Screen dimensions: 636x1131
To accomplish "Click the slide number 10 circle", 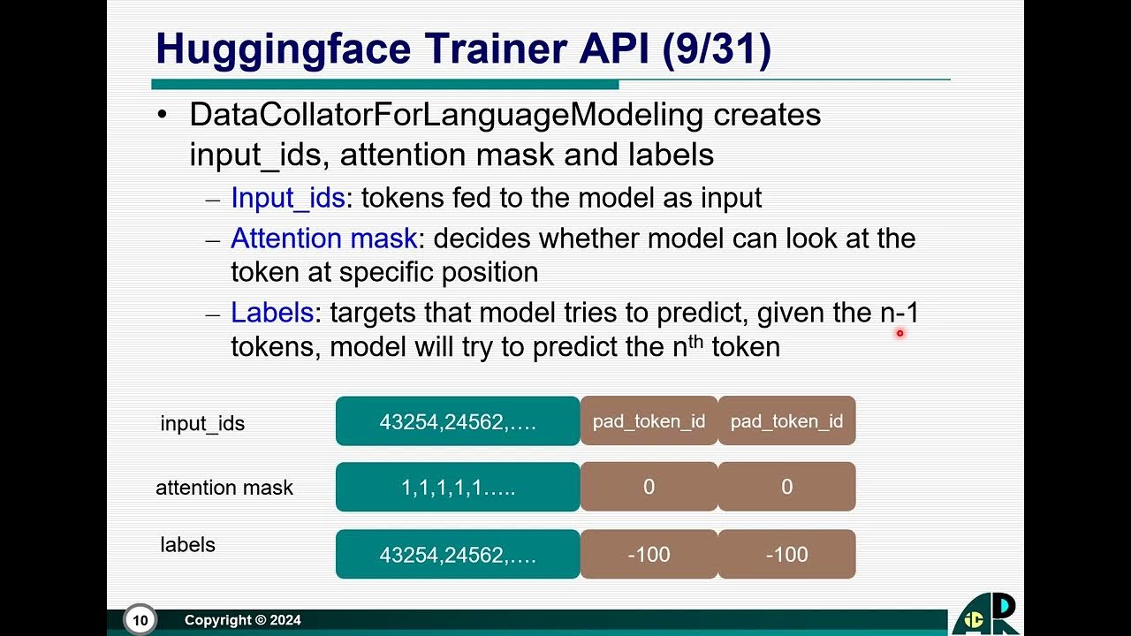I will [x=140, y=620].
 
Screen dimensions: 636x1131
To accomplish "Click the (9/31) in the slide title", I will [x=717, y=49].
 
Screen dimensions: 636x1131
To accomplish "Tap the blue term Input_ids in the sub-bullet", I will [x=287, y=198].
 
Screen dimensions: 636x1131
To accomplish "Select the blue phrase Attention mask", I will [x=323, y=238].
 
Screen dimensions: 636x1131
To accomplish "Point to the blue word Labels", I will [x=272, y=313].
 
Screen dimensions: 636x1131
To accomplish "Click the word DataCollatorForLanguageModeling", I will [x=445, y=115].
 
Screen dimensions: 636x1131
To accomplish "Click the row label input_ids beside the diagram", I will [x=202, y=423].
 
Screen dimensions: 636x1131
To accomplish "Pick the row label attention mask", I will [x=224, y=488].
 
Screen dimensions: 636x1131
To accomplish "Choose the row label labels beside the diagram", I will [x=187, y=545].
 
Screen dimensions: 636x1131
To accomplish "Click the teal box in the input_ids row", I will [x=458, y=421].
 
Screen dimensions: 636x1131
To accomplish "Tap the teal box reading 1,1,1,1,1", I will [x=458, y=487].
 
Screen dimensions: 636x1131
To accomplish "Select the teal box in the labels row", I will [x=458, y=555].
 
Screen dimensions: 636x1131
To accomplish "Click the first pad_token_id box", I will [x=649, y=421].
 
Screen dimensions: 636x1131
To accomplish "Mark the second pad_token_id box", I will [x=786, y=421].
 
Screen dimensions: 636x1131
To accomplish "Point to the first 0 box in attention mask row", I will [x=649, y=487].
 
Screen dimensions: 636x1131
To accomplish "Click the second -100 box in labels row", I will [x=786, y=555].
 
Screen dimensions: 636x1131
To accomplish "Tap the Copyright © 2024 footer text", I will [x=243, y=620].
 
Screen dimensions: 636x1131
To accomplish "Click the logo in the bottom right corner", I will [x=987, y=616].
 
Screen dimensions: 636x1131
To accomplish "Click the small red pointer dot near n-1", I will [x=899, y=333].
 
